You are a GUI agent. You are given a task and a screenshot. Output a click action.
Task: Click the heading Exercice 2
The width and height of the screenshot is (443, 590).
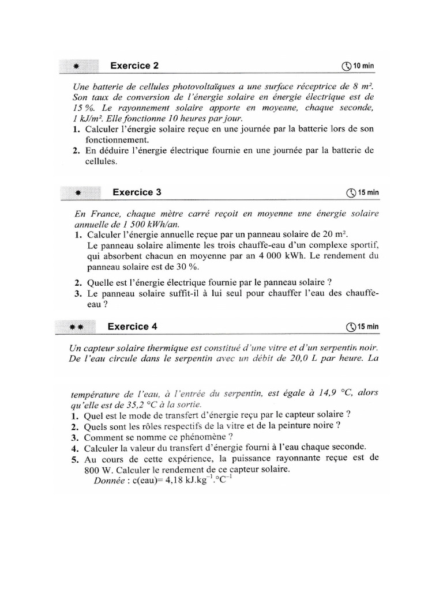(x=134, y=66)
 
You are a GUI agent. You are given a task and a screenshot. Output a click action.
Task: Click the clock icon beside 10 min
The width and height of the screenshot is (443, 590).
(x=346, y=66)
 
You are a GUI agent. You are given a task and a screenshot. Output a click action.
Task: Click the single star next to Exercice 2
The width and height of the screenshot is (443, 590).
(x=77, y=66)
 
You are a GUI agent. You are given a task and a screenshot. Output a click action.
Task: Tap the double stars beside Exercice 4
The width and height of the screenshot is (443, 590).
(x=77, y=327)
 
